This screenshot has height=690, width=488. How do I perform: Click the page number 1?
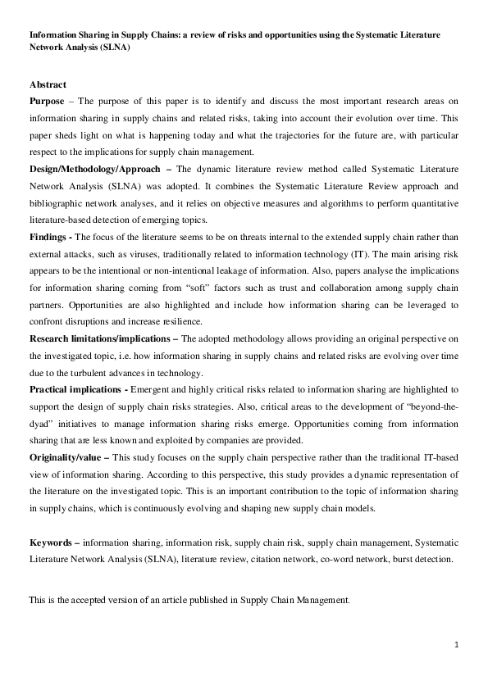pos(456,646)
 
